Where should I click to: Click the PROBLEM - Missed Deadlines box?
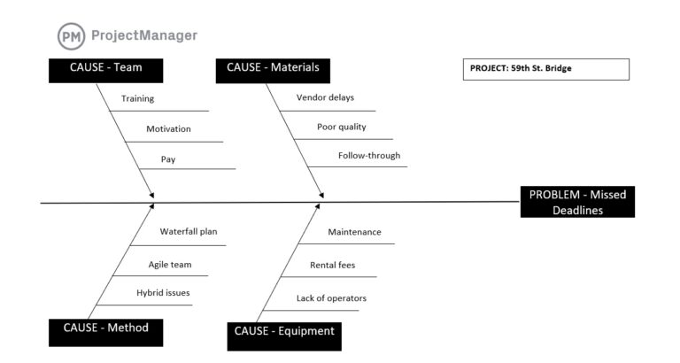577,203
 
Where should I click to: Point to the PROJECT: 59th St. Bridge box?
545,69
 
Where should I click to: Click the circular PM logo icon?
72,36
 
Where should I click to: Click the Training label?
138,98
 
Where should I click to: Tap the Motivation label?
168,129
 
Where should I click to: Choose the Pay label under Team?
168,159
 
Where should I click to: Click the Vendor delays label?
325,97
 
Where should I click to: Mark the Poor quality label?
342,127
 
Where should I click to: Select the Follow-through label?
369,156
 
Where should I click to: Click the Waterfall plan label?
189,232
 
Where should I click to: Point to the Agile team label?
170,264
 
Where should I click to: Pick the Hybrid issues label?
163,292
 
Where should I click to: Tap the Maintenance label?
354,232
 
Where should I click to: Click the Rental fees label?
332,265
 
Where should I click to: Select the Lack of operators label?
331,298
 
